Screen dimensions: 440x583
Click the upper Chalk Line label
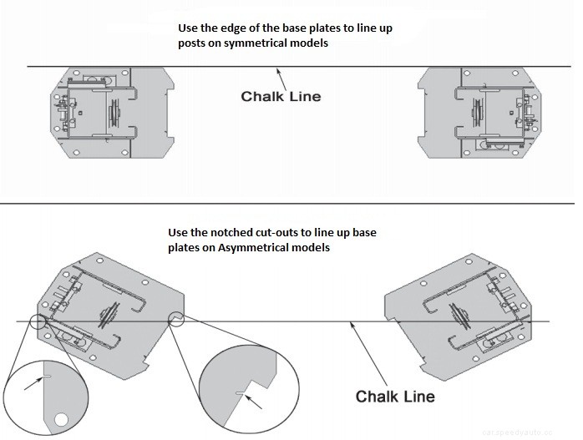[x=281, y=97]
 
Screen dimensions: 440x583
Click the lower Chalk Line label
[x=395, y=395]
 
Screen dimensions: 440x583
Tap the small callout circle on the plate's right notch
[x=176, y=320]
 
